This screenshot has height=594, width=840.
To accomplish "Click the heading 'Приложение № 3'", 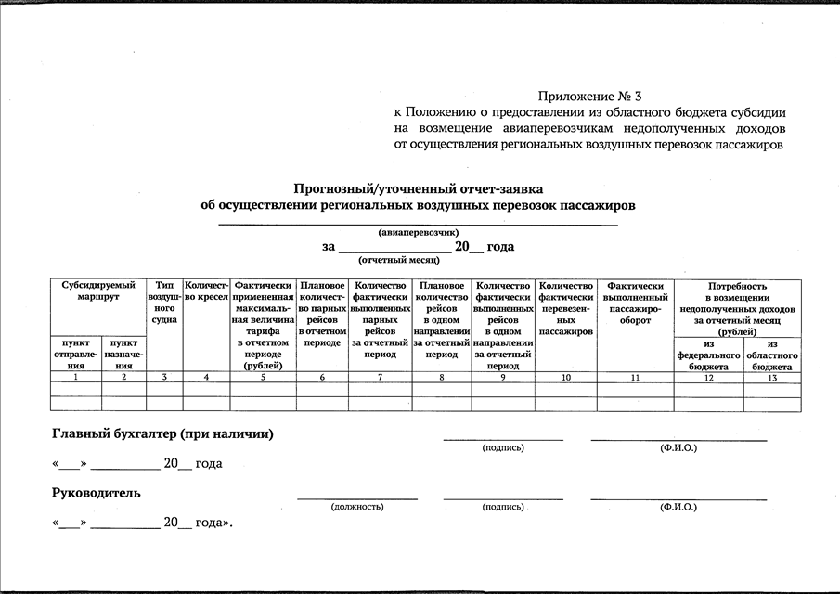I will tap(589, 96).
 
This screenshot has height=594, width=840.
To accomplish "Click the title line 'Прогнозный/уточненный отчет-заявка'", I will tap(419, 187).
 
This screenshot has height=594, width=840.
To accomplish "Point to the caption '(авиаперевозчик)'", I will tap(418, 232).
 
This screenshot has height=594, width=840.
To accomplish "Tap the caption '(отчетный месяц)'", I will tap(393, 262).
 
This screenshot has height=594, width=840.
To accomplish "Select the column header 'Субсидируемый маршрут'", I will tap(98, 291).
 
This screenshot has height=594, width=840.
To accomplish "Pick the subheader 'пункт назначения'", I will tap(123, 355).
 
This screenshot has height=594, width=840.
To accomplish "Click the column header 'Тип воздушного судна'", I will tap(164, 303).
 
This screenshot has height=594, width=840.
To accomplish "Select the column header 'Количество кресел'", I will tap(206, 291).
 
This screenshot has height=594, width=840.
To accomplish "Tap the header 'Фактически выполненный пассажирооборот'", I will tap(635, 303).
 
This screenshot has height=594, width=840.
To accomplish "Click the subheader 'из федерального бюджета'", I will tap(708, 355).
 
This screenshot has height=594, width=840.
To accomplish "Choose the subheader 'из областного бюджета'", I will tap(772, 355).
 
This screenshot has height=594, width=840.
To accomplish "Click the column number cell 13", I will tap(772, 378).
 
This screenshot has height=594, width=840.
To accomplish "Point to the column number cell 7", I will tap(381, 378).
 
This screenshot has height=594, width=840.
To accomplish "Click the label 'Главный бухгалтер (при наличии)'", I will tap(163, 433).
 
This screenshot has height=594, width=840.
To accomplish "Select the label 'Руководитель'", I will tap(97, 492).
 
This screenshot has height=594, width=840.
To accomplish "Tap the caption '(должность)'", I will tap(357, 507).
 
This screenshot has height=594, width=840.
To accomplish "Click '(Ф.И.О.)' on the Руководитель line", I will tap(678, 507).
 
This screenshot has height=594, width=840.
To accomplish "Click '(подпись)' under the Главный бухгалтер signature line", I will tap(503, 447).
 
